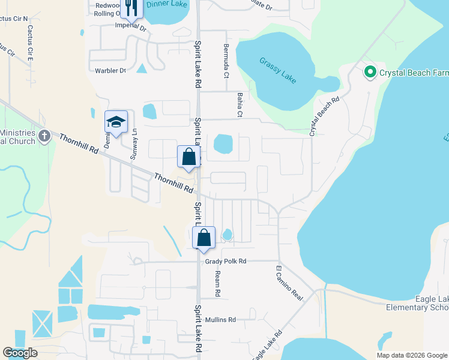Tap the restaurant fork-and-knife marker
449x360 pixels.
(x=131, y=8)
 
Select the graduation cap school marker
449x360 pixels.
(x=116, y=122)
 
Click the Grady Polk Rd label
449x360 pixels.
(x=226, y=262)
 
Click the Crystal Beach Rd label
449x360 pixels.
(x=324, y=116)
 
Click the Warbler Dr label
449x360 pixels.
(x=110, y=71)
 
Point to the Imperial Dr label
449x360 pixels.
(x=131, y=26)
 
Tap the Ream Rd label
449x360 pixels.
(x=217, y=284)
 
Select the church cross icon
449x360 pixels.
(x=44, y=136)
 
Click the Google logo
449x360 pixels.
(x=20, y=353)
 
